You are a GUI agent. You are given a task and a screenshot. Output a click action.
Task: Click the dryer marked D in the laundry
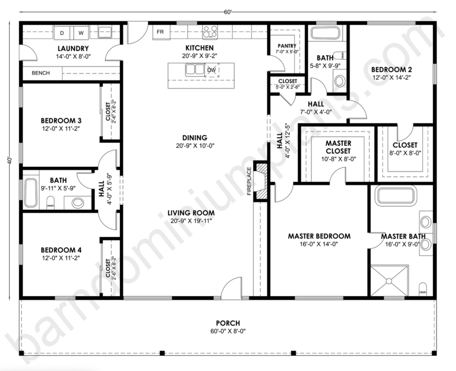click(62, 33)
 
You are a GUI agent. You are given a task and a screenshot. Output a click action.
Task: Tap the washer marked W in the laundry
click(81, 33)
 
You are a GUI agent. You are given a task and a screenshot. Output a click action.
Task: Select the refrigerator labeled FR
click(160, 32)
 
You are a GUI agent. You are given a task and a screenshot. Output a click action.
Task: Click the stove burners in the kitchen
click(210, 32)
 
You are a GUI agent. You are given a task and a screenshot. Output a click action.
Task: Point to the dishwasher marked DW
click(212, 70)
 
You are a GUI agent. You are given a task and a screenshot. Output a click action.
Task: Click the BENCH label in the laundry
click(41, 73)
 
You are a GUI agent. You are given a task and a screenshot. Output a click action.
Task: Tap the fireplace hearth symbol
click(261, 181)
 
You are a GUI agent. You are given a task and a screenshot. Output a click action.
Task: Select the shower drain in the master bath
click(389, 281)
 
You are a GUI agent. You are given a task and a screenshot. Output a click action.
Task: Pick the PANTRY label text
click(287, 46)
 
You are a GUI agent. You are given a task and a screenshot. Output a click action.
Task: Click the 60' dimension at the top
click(228, 12)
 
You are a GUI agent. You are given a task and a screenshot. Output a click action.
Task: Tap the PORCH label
click(228, 323)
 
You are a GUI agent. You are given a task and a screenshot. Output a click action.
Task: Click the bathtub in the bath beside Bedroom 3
click(31, 192)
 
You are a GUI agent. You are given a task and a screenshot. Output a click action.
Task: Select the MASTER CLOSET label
click(338, 147)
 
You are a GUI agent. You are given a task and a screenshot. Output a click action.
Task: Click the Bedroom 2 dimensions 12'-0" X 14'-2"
click(391, 77)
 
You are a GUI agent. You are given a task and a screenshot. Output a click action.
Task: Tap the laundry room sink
click(104, 32)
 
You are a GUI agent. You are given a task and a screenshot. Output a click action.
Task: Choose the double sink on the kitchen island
click(195, 69)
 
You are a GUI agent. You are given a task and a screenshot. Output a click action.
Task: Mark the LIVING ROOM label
click(191, 213)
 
